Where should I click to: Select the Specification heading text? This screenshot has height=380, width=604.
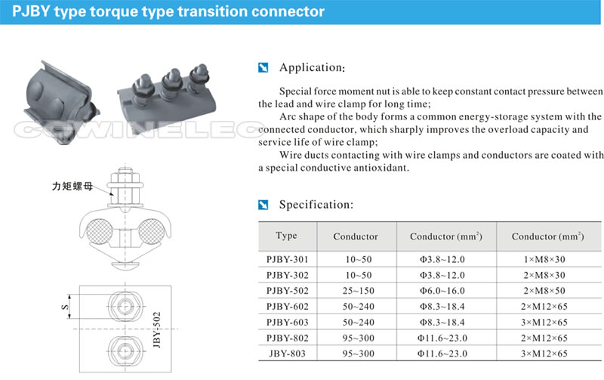[x=316, y=204]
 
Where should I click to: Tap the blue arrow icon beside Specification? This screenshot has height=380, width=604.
[x=263, y=205]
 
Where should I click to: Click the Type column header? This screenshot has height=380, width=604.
[x=286, y=236]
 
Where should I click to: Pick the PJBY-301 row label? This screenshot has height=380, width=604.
[x=286, y=258]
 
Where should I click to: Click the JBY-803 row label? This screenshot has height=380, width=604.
[x=286, y=353]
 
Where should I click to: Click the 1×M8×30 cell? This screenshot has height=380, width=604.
[x=547, y=258]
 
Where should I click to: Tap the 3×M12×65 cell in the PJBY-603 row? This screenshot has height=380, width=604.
[x=547, y=322]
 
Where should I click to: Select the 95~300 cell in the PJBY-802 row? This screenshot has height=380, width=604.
[x=355, y=338]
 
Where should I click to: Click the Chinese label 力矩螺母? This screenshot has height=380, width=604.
[x=72, y=183]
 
